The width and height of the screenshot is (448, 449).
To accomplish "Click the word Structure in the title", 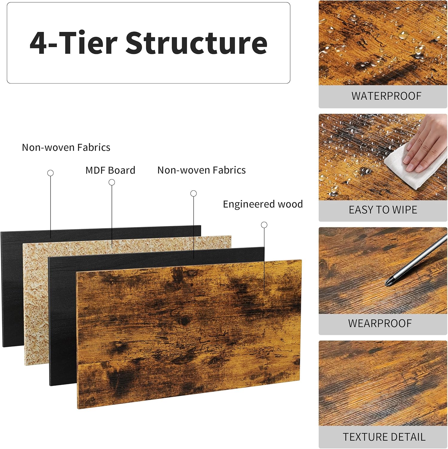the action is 196,43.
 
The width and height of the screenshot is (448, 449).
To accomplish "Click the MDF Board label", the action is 110,170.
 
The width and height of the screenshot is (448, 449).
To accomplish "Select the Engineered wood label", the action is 263,204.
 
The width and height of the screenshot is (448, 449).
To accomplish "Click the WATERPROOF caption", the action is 386,96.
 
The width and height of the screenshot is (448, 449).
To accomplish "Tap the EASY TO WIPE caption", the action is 383,210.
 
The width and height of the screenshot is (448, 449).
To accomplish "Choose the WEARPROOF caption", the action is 380,323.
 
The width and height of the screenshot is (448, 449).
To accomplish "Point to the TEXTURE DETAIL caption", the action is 384,437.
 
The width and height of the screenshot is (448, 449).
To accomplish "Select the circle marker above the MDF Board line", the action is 112,182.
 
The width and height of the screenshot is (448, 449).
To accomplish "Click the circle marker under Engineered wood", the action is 264,225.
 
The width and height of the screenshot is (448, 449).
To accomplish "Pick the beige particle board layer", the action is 36,299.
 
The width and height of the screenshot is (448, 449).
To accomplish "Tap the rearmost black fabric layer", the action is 12,287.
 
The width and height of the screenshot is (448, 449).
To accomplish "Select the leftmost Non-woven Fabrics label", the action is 66,148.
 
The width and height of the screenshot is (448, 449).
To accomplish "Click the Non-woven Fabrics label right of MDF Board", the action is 202,170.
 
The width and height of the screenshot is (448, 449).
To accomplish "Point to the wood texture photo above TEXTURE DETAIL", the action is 383,383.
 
